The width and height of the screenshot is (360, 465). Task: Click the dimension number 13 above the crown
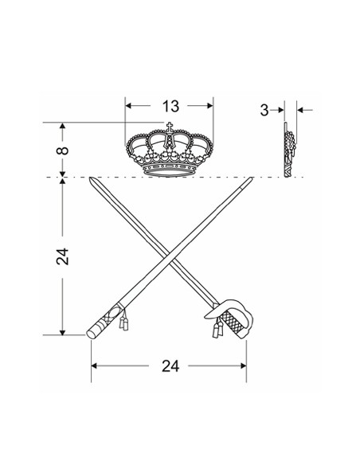(170, 106)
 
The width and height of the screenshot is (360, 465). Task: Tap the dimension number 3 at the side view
(264, 111)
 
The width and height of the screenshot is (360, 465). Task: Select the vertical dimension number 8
(62, 150)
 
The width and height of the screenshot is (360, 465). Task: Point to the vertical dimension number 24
(62, 256)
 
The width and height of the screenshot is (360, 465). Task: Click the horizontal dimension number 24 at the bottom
(170, 366)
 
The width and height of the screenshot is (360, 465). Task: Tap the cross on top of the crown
(170, 127)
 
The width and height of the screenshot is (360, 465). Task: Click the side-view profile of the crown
(289, 150)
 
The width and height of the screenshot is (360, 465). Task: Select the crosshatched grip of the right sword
(233, 322)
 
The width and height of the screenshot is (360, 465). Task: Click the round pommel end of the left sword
(91, 334)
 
